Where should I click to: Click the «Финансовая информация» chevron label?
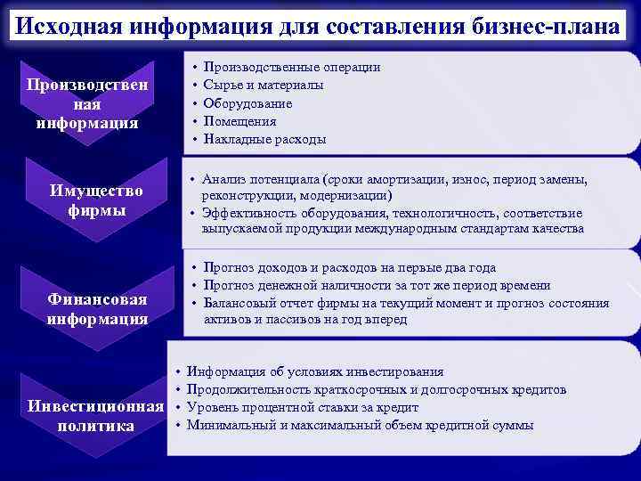click(x=97, y=308)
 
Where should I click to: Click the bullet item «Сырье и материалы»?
click(x=263, y=85)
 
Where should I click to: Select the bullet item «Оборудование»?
click(x=247, y=103)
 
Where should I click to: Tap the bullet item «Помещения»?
click(x=239, y=121)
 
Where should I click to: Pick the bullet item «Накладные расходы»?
click(x=264, y=139)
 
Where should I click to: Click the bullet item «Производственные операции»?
click(x=292, y=67)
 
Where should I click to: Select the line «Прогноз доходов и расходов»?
click(x=349, y=267)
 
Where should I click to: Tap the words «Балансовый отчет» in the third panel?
click(x=251, y=304)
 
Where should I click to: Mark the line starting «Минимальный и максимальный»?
click(x=360, y=425)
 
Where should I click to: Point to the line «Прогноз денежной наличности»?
click(x=376, y=285)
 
